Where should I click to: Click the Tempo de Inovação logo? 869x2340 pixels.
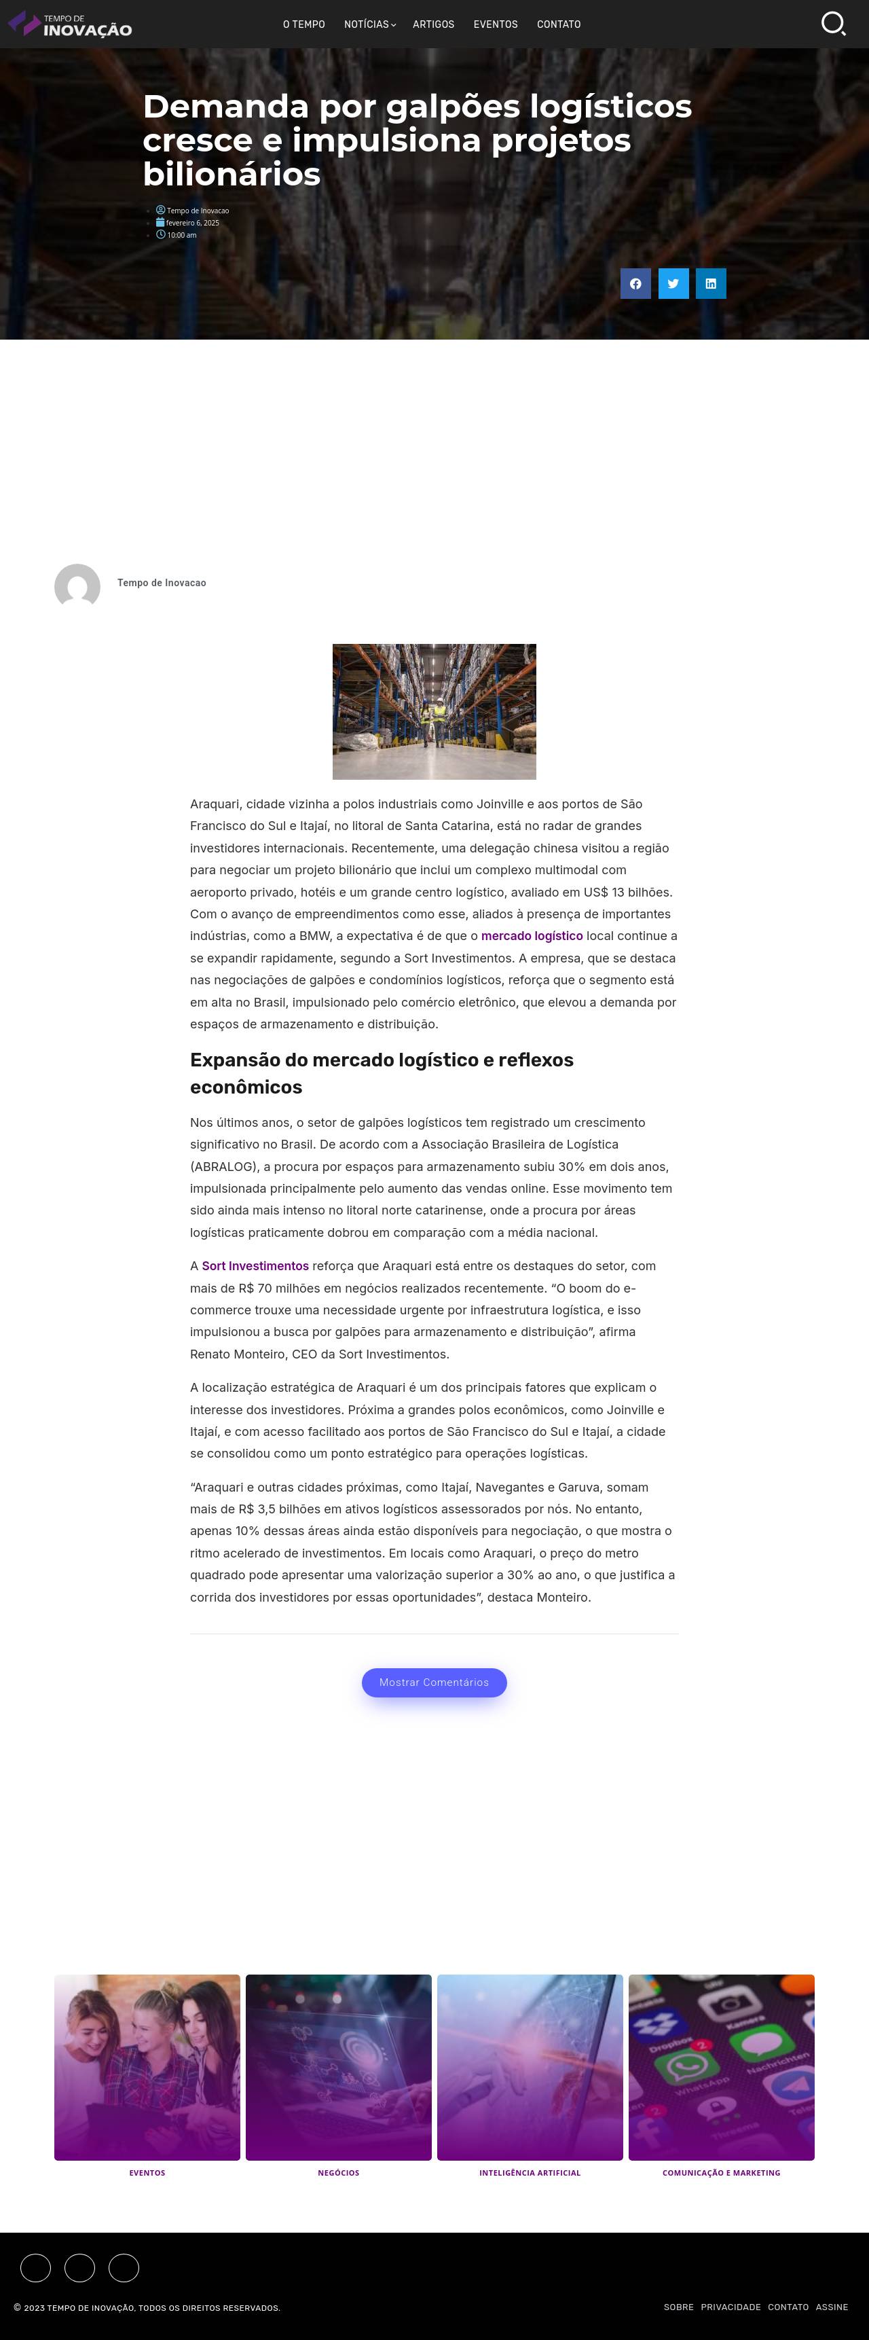(x=70, y=24)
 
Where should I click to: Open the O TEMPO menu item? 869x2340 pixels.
(x=303, y=24)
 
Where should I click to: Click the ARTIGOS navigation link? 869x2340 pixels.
(x=433, y=24)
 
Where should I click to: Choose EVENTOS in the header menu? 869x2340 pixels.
(x=495, y=24)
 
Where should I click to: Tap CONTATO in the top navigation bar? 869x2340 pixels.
(x=559, y=24)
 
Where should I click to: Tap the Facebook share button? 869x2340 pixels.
(x=635, y=283)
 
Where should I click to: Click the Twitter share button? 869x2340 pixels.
(x=673, y=283)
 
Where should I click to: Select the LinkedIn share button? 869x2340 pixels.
(x=711, y=283)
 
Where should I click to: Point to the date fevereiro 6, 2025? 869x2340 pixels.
(x=193, y=223)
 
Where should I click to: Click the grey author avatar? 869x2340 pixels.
(x=77, y=586)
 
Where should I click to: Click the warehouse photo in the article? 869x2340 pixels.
(x=434, y=711)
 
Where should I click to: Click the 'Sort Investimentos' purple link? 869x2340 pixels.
(x=255, y=1265)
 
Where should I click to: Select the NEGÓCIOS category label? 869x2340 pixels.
(x=339, y=2172)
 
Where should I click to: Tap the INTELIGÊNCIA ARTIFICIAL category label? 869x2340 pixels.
(x=530, y=2172)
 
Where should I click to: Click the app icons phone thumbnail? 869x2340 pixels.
(x=721, y=2066)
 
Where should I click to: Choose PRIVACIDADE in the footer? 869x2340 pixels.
(x=730, y=2307)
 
